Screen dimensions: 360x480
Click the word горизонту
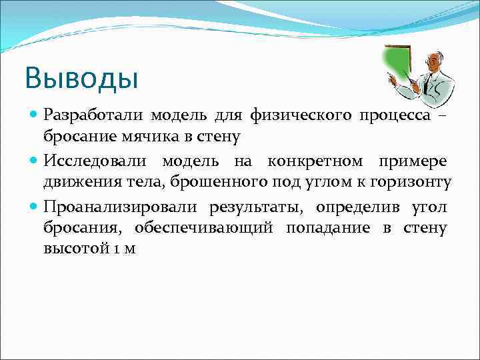[413, 182]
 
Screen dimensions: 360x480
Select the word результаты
[253, 207]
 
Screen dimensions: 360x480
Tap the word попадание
[329, 227]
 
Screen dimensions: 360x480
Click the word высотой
[71, 249]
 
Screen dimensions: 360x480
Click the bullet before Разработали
[34, 116]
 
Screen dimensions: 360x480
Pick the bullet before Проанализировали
[34, 207]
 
